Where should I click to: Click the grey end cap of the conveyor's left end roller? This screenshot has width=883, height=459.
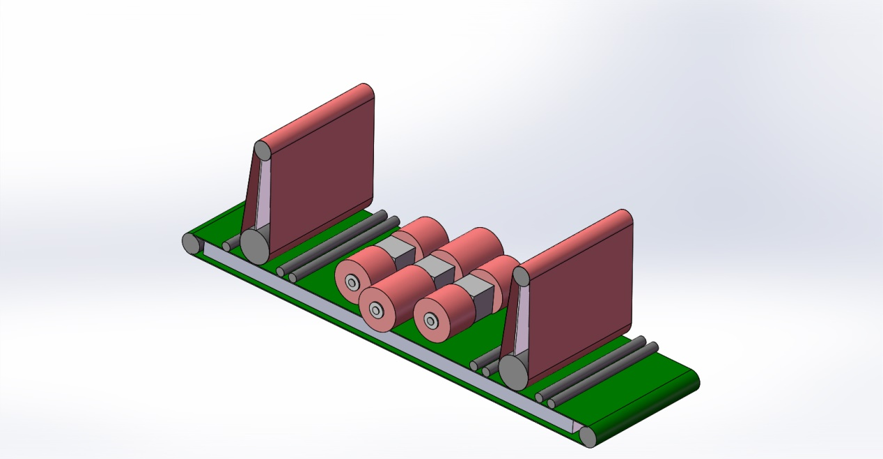coord(190,243)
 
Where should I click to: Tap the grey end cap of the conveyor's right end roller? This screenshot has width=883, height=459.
coord(588,437)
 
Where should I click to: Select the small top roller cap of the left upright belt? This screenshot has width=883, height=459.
coord(262,150)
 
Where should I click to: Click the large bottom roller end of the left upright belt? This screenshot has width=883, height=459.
coord(254,245)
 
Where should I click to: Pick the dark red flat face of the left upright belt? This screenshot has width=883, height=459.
coord(320,178)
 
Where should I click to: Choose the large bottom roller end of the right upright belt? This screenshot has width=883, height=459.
coord(513,372)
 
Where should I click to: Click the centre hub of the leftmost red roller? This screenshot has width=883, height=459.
coord(352,283)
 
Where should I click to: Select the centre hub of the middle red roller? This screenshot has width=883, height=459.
coord(377,309)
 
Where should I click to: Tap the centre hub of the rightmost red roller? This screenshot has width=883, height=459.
coord(432,321)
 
